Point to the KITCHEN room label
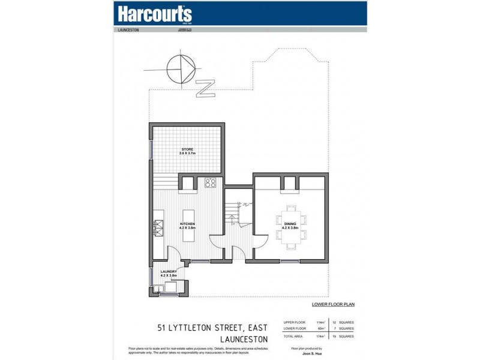coord(187,226)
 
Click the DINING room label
coord(290,226)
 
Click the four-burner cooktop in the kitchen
coord(211,183)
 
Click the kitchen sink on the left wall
coord(159,228)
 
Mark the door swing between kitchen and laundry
coord(174,254)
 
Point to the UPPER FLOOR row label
coord(295,322)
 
